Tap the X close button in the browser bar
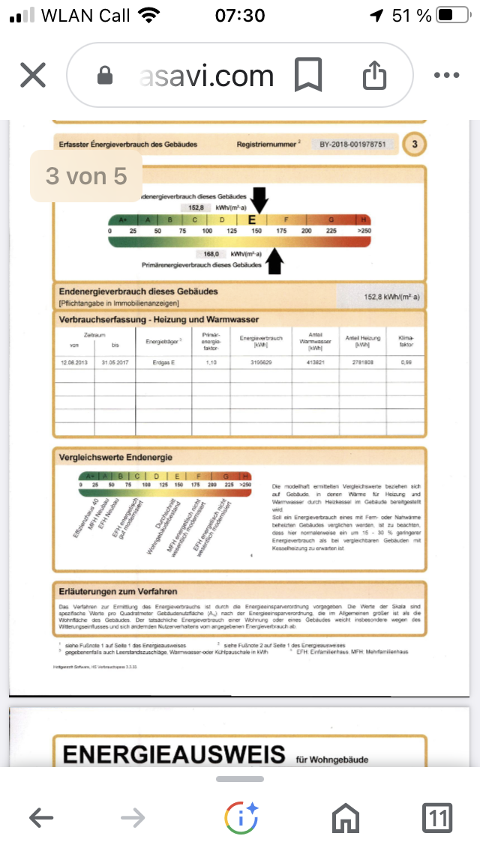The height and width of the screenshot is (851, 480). [x=32, y=75]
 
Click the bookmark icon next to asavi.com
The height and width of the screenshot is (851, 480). [x=307, y=75]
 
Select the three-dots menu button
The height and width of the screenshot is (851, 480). [x=446, y=75]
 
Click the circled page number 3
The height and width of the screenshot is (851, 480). [x=415, y=145]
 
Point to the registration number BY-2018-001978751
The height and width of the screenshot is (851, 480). [x=352, y=144]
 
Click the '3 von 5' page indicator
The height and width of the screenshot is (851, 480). [x=86, y=176]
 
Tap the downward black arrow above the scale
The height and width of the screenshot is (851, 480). [x=259, y=200]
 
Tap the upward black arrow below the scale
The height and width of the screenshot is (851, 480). [x=275, y=261]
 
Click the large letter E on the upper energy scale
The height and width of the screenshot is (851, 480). [x=253, y=219]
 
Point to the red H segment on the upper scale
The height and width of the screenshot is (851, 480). [x=364, y=219]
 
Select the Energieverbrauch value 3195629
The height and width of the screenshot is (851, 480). [x=261, y=362]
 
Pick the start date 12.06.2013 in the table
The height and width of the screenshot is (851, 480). [x=74, y=362]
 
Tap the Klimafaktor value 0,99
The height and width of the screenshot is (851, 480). [x=406, y=362]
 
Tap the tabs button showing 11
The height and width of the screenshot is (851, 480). [x=437, y=818]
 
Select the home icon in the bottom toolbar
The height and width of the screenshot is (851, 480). [x=346, y=818]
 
